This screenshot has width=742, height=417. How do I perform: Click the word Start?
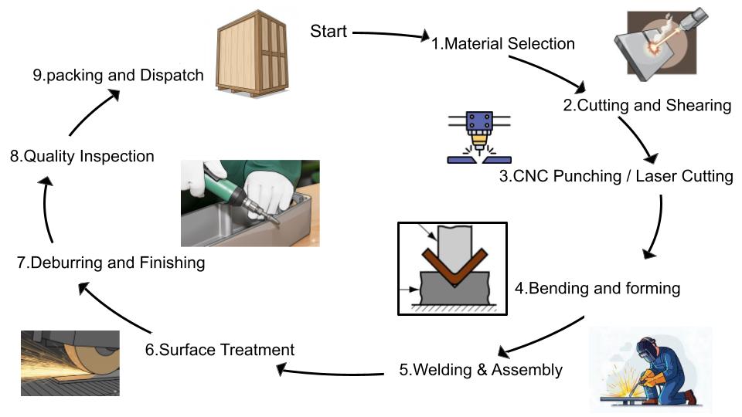coord(328,32)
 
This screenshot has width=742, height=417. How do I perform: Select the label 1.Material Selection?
coord(502,44)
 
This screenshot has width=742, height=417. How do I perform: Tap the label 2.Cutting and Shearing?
coord(647,107)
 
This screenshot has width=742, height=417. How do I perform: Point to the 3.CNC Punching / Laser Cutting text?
coord(615,176)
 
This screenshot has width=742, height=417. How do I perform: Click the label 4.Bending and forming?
coord(597,289)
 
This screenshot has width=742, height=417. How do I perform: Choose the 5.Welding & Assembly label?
coord(481,370)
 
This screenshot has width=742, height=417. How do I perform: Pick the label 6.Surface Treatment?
coord(220,350)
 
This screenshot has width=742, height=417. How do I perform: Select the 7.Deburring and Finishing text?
coord(111,263)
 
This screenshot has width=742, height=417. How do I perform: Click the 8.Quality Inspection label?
coord(82,156)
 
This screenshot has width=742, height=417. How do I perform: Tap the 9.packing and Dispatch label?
coord(118,76)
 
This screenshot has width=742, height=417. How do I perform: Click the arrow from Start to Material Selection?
coord(390,34)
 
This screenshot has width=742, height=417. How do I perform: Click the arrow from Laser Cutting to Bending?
coord(657,228)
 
